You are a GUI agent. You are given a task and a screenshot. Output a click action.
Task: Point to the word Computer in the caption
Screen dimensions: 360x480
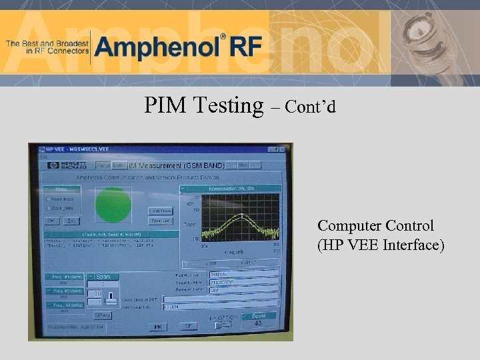tap(346, 226)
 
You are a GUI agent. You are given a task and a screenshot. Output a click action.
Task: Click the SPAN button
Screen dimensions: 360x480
tap(102, 315)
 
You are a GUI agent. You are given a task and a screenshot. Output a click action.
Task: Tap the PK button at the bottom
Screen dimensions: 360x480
tap(157, 327)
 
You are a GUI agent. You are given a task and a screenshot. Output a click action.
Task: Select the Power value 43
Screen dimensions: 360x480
tap(257, 323)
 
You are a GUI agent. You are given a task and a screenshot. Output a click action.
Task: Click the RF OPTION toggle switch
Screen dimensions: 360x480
tap(223, 325)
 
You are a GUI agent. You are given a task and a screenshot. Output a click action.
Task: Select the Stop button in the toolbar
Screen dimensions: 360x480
tap(243, 165)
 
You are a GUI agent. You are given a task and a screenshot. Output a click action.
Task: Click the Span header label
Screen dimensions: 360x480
tap(105, 276)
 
